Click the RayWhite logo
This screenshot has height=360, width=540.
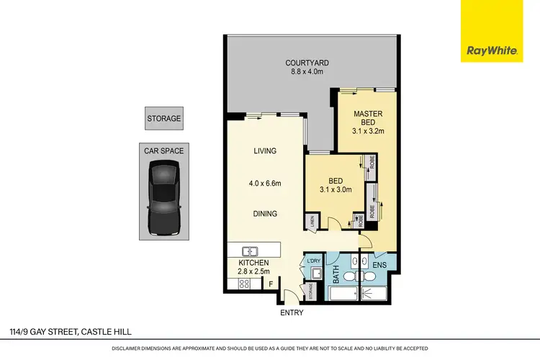pyautogui.click(x=492, y=31)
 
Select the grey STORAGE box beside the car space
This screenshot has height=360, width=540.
pyautogui.click(x=164, y=119)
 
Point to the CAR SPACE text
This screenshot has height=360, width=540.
pyautogui.click(x=164, y=150)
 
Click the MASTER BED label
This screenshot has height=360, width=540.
pyautogui.click(x=367, y=118)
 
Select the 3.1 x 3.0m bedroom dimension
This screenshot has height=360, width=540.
pyautogui.click(x=331, y=190)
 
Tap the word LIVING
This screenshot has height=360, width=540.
pyautogui.click(x=266, y=151)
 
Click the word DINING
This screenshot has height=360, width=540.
pyautogui.click(x=266, y=214)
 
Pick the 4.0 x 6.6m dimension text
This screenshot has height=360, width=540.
pyautogui.click(x=266, y=183)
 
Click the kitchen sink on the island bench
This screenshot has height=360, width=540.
pyautogui.click(x=250, y=251)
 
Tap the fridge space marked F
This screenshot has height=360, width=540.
pyautogui.click(x=271, y=284)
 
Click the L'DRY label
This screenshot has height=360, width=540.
pyautogui.click(x=313, y=261)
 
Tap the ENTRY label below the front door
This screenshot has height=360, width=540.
pyautogui.click(x=292, y=312)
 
